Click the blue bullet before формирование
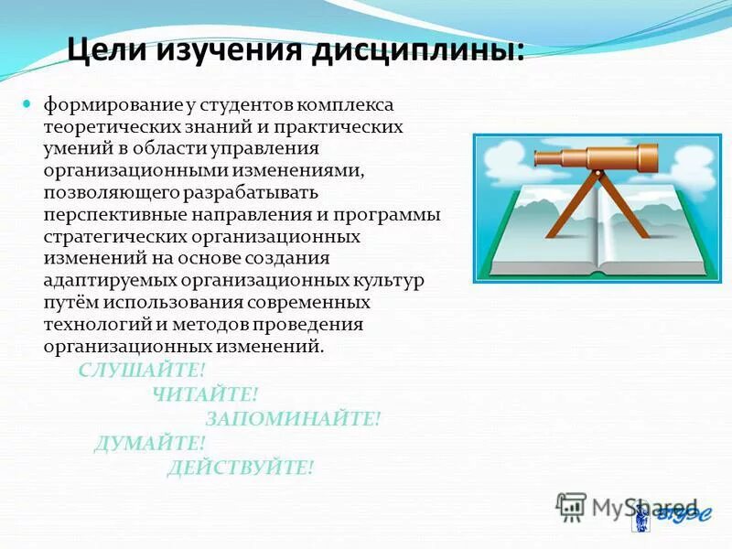[x=27, y=103]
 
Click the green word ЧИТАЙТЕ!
[x=205, y=394]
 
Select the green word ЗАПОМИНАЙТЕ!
[x=293, y=419]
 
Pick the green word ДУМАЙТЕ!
[x=149, y=444]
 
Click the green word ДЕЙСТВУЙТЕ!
[x=240, y=468]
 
